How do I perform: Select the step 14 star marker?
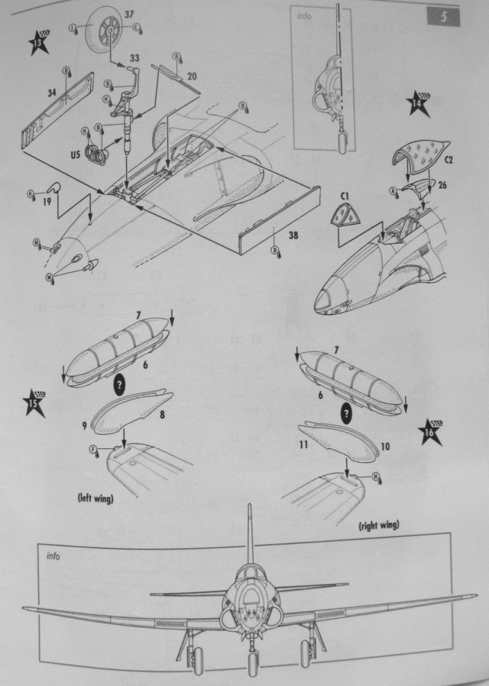tap(418, 105)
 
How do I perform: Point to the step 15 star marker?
tap(33, 404)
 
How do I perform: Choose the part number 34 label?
tap(52, 93)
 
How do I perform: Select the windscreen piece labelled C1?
tap(346, 219)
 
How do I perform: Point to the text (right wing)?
tap(379, 525)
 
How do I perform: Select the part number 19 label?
tap(46, 202)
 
